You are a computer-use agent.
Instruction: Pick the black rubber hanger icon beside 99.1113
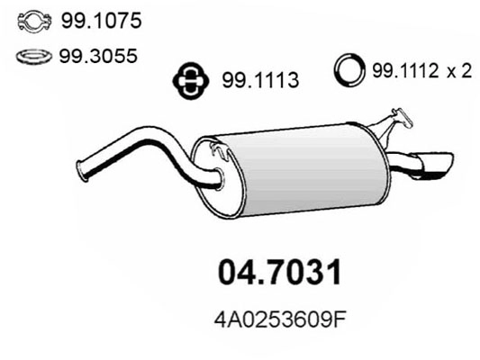[x=190, y=81]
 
